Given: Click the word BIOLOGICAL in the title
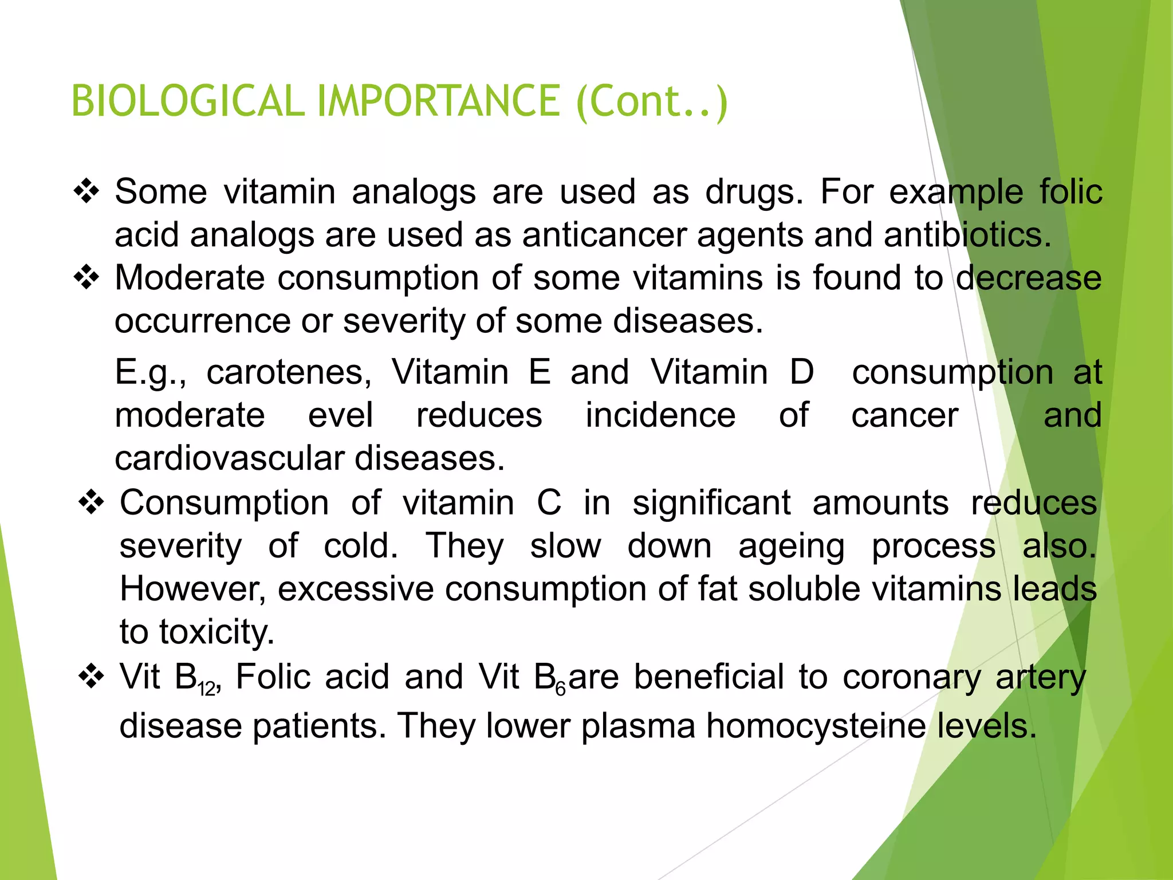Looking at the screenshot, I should (x=188, y=101).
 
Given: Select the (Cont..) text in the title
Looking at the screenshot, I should (x=652, y=102).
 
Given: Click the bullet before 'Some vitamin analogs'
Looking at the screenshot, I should (x=86, y=191).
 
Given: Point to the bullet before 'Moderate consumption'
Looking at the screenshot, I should (x=86, y=278).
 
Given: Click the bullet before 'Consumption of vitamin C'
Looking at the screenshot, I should (x=92, y=503).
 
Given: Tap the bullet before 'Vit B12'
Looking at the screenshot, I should (x=92, y=677).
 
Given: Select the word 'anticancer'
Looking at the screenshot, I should (x=604, y=235).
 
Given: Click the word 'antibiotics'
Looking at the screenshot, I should (x=967, y=235).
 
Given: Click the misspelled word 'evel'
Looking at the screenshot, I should (x=340, y=415).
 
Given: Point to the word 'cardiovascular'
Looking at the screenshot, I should (x=229, y=459).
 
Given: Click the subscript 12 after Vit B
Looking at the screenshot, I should (x=207, y=689).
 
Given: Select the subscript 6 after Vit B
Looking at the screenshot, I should (x=560, y=689).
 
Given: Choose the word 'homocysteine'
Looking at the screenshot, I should (x=816, y=726).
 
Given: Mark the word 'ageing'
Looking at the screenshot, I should (x=791, y=547).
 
